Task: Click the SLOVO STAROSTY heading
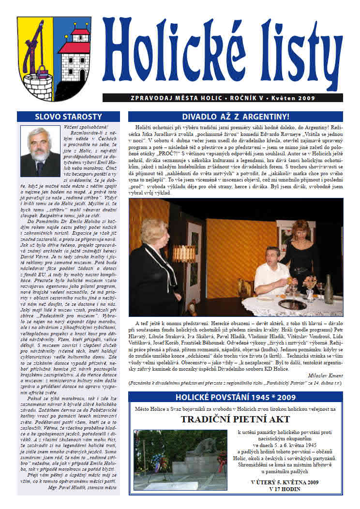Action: point(69,117)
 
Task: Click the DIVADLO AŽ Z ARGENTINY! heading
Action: point(235,117)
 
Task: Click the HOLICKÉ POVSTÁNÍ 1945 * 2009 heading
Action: point(235,397)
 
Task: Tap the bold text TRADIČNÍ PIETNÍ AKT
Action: point(236,419)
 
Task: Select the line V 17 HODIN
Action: point(285,489)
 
